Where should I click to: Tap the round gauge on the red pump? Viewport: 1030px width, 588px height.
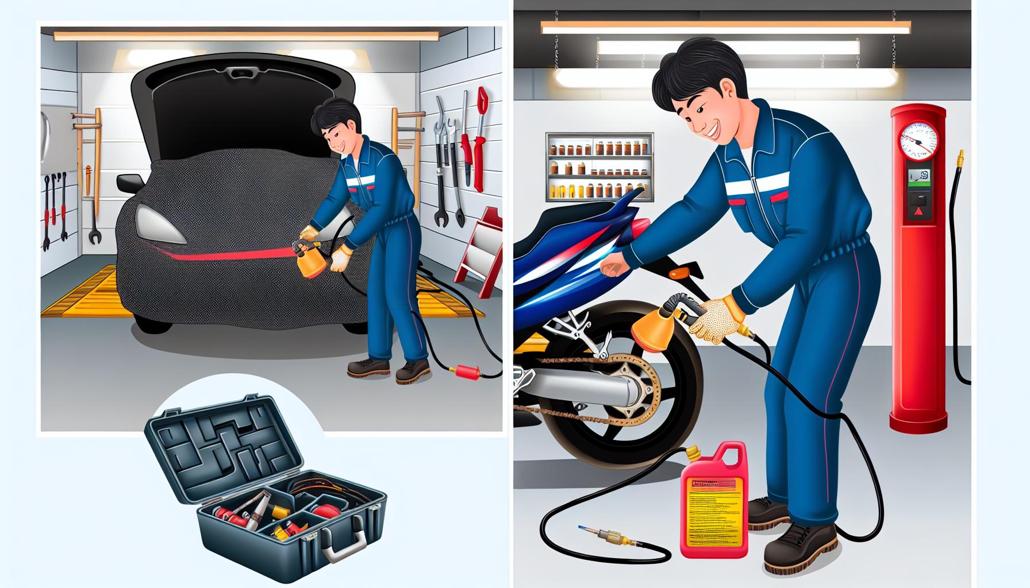(x=918, y=141)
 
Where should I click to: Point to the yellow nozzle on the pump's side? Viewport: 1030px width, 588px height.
(x=958, y=157)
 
